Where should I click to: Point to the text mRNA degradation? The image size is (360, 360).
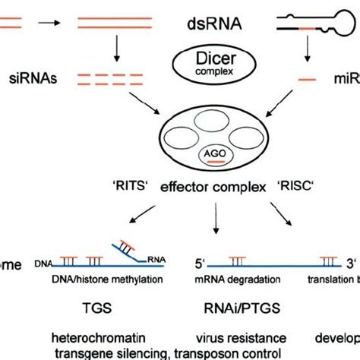click(227, 279)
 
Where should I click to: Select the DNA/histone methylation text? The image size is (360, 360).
click(99, 279)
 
